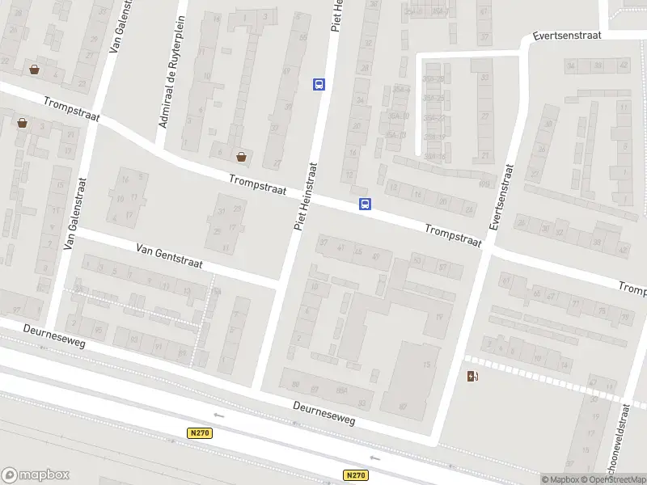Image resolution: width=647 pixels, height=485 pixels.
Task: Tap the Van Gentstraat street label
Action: coord(170,257)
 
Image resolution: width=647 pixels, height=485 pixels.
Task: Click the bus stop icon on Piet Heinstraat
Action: coord(319,84)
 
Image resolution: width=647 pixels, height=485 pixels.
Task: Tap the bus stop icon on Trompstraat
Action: coord(366,205)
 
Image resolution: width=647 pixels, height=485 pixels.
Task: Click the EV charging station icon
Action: coord(472,376)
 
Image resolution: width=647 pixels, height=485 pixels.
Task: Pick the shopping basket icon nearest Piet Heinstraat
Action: coord(241,156)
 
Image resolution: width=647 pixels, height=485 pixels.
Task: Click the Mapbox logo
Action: coord(36,474)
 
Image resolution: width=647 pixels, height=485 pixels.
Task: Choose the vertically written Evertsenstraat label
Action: coord(502,199)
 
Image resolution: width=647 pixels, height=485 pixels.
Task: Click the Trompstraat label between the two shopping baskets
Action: coord(72,110)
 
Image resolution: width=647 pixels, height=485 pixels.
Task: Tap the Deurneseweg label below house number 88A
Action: coord(323,415)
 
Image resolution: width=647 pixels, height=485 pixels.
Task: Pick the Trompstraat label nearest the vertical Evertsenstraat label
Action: coord(454,236)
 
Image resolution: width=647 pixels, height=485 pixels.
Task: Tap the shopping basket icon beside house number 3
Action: coord(34,70)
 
